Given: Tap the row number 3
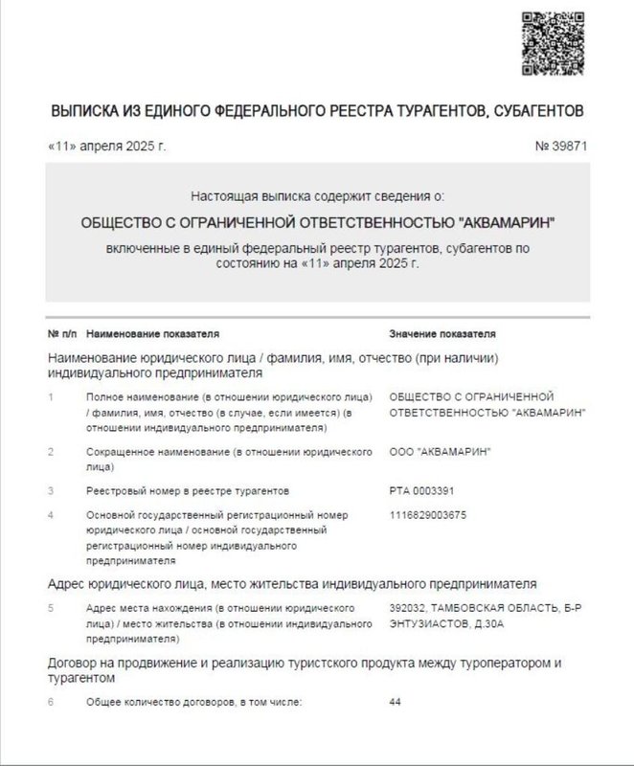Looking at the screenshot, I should pyautogui.click(x=50, y=491).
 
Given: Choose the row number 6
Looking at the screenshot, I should pyautogui.click(x=50, y=703).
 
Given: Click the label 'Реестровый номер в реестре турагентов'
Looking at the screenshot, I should pyautogui.click(x=187, y=491).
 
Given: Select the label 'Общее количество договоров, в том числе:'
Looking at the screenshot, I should pyautogui.click(x=193, y=703).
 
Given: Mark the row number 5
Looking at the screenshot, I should pyautogui.click(x=50, y=608).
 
